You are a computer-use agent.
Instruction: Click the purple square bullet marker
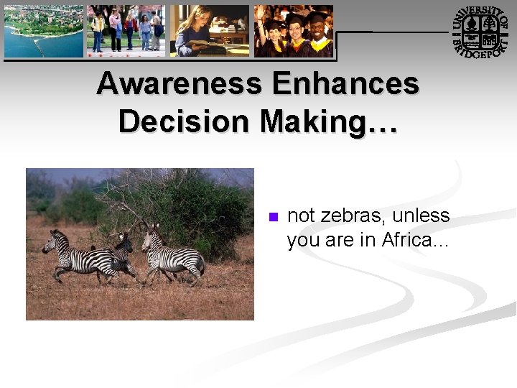[273, 217]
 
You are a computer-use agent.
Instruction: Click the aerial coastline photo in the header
[43, 31]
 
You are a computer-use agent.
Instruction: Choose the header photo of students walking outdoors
[126, 31]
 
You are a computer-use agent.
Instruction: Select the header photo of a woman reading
[209, 31]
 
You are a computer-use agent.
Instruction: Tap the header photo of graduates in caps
[294, 31]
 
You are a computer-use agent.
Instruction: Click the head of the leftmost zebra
[50, 244]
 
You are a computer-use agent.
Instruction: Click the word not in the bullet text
[302, 216]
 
